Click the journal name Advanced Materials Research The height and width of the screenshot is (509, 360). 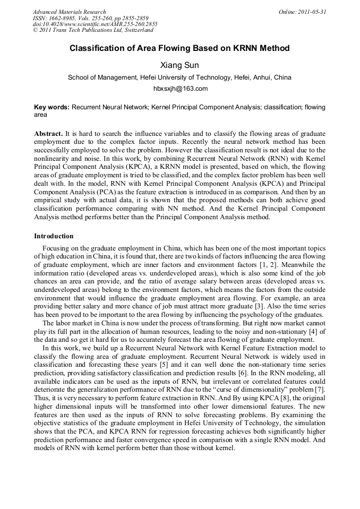click(69, 12)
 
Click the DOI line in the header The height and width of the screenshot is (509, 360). click(95, 24)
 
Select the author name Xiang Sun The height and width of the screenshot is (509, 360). click(179, 65)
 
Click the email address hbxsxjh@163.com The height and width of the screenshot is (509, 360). click(180, 89)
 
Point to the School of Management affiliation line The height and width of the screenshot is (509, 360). click(179, 77)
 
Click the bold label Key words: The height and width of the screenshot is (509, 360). click(52, 107)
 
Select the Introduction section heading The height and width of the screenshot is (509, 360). click(54, 236)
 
